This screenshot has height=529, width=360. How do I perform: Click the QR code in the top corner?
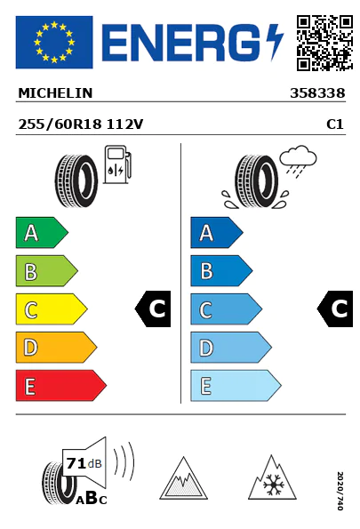(x=324, y=43)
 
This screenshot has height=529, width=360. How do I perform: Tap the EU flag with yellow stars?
(x=54, y=42)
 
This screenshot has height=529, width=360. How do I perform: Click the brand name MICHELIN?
(x=55, y=93)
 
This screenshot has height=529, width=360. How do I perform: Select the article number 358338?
(x=317, y=93)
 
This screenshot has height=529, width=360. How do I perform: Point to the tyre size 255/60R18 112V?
(x=81, y=124)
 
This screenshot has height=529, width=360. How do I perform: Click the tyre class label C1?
(x=335, y=124)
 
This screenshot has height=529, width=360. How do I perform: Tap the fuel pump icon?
(x=117, y=164)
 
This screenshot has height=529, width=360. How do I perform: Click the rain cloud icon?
(x=298, y=159)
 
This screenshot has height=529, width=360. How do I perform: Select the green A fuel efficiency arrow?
(x=42, y=232)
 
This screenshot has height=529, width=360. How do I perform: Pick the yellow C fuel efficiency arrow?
(x=52, y=309)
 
